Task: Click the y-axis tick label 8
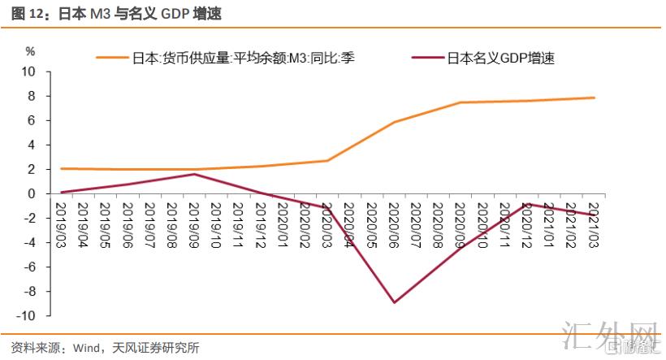[x=32, y=96]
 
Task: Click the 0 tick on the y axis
[x=32, y=193]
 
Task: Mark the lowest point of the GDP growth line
[x=394, y=302]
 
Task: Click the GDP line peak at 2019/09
[x=195, y=174]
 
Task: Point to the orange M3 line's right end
[x=594, y=98]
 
